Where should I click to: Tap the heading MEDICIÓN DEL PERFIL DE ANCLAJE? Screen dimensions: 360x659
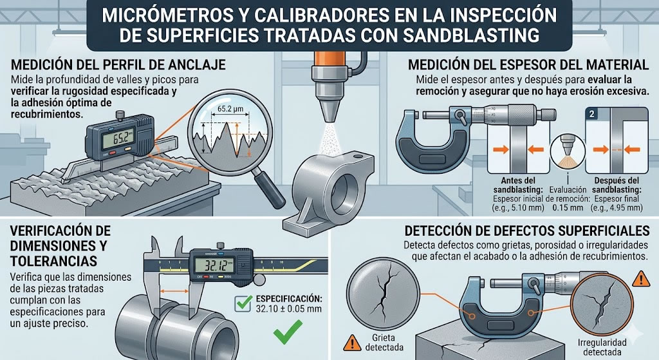[x=118, y=64]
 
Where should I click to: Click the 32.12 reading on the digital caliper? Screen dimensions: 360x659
[x=214, y=264]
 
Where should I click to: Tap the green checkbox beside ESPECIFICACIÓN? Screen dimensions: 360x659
[x=243, y=299]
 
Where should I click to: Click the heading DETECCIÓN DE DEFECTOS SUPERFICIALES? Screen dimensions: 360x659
[x=522, y=231]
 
